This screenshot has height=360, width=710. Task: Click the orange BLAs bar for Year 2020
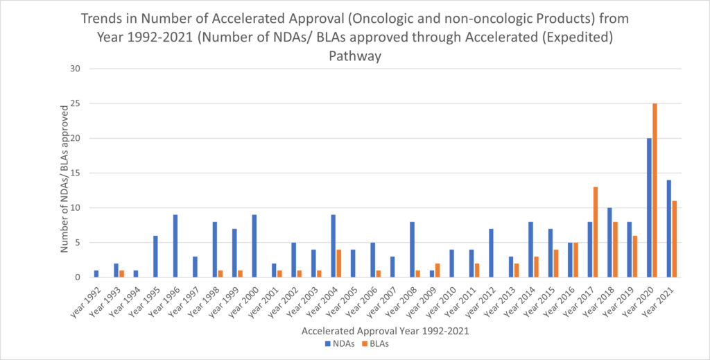click(655, 190)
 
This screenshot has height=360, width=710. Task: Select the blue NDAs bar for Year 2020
click(649, 207)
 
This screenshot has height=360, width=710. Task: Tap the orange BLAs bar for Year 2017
click(575, 232)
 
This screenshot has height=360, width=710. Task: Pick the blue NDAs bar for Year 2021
click(668, 228)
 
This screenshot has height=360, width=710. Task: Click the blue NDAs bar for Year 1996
click(175, 246)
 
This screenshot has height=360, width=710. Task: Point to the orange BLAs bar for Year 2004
click(339, 263)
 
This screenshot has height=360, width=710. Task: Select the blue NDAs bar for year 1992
click(96, 273)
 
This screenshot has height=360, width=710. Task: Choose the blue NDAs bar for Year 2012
click(491, 252)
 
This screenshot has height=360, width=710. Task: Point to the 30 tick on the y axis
click(76, 69)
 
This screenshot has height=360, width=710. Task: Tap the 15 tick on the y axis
click(76, 173)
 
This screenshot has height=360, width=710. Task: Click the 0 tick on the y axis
click(79, 277)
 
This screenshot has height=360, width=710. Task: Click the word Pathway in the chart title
click(355, 57)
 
